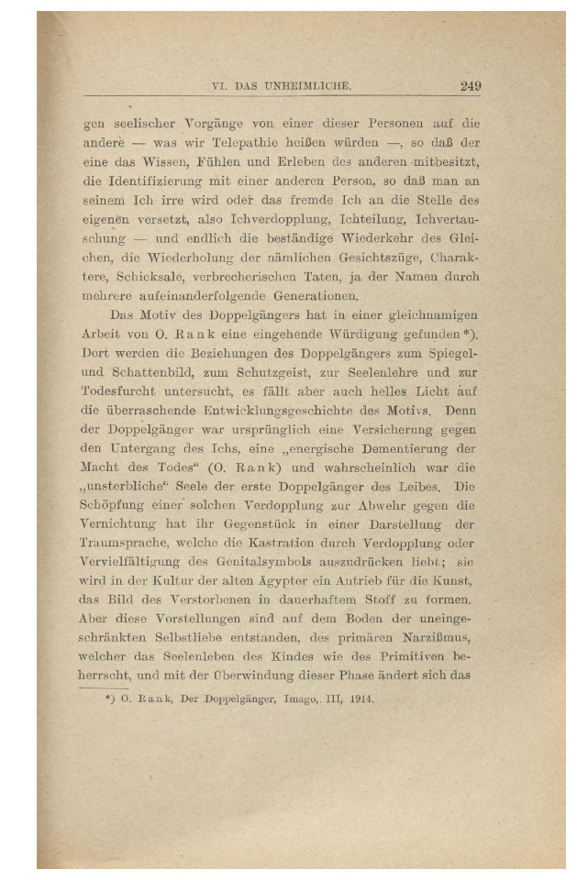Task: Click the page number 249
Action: coord(471,87)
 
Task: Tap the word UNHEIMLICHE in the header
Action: coord(307,88)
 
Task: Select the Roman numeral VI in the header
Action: coord(218,88)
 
